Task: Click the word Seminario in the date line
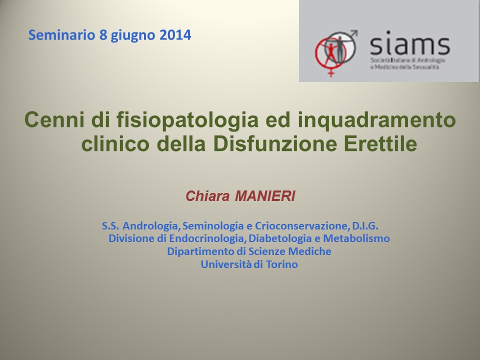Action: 61,35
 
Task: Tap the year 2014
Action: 175,35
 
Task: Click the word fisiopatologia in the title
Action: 187,120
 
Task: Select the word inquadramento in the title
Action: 377,120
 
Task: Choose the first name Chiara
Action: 207,196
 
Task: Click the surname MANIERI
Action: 265,196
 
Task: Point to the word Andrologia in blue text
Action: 151,226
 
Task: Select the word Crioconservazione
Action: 301,226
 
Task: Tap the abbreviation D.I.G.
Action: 365,226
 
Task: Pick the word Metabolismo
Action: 356,238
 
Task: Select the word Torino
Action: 281,264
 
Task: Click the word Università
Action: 226,264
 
